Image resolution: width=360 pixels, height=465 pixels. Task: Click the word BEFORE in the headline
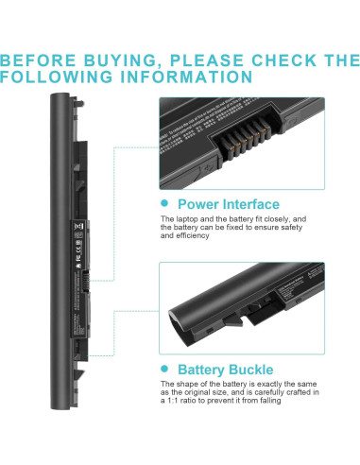[39, 60]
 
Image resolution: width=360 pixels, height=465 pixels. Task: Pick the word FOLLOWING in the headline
[54, 77]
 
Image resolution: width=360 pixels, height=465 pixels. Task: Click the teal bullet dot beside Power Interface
[165, 203]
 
